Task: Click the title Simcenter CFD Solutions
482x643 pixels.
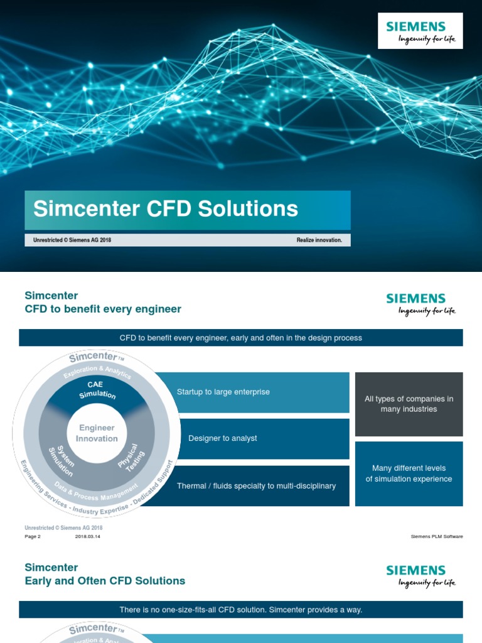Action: pyautogui.click(x=166, y=209)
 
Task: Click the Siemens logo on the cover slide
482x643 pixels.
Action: pyautogui.click(x=420, y=31)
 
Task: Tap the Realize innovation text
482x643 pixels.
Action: pyautogui.click(x=319, y=240)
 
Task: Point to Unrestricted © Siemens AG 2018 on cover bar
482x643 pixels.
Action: pyautogui.click(x=72, y=240)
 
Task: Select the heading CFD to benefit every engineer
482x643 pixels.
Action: pyautogui.click(x=103, y=309)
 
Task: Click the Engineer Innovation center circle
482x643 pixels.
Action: pyautogui.click(x=97, y=433)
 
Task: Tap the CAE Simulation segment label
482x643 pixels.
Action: pyautogui.click(x=97, y=389)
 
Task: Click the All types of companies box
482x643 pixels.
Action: pyautogui.click(x=409, y=404)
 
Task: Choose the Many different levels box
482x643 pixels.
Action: pyautogui.click(x=409, y=473)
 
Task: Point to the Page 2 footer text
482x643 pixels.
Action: pyautogui.click(x=33, y=537)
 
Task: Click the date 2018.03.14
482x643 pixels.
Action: pyautogui.click(x=88, y=537)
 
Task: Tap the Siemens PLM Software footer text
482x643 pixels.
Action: pyautogui.click(x=437, y=537)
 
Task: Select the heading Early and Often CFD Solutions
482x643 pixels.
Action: pyautogui.click(x=105, y=581)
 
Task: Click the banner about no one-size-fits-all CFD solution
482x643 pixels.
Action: pyautogui.click(x=240, y=610)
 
